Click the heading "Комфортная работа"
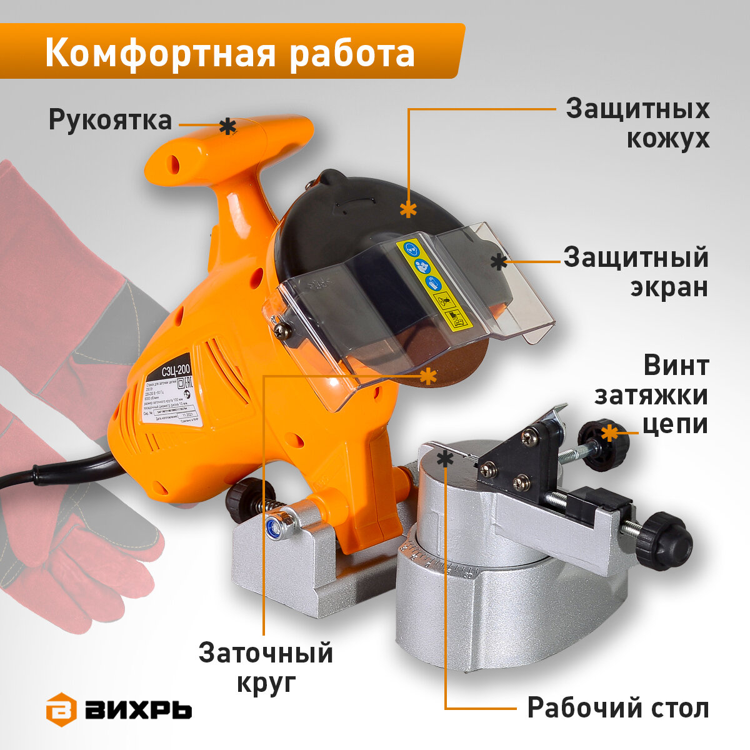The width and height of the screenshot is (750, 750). pos(230,53)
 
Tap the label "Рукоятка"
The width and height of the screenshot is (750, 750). pos(110,119)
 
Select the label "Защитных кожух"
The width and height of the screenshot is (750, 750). pos(637,123)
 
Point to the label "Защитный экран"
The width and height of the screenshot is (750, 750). pos(636,272)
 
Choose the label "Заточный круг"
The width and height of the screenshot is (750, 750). pos(266,667)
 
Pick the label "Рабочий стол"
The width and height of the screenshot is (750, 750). pos(618,708)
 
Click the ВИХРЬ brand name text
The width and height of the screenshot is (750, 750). pos(139,710)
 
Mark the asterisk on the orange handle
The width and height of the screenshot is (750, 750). pos(228,127)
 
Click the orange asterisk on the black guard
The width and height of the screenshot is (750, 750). pos(408,209)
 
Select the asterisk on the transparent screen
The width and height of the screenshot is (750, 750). pos(498,262)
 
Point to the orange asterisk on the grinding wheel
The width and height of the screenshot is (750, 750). pos(428,376)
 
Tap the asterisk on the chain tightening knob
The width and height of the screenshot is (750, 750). pos(609,432)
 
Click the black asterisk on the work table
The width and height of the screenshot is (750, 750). pos(445,459)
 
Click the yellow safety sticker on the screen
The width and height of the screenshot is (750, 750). pos(431,284)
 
